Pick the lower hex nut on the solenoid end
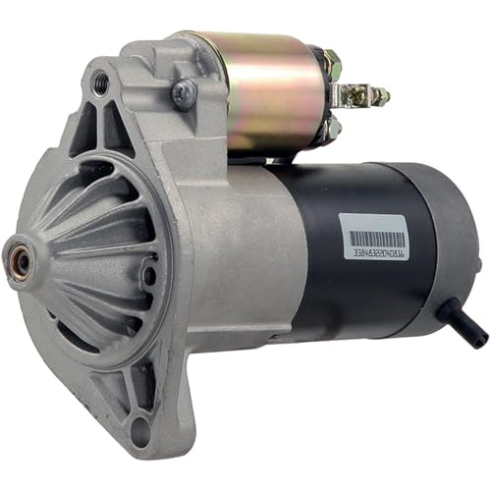332,126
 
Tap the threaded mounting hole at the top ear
100,84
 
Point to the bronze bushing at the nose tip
18,262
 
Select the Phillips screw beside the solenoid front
182,93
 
